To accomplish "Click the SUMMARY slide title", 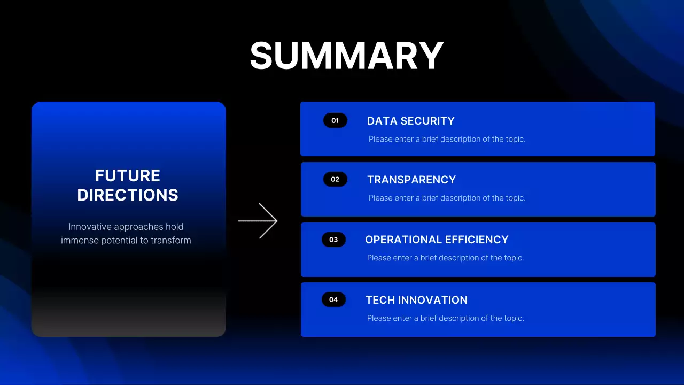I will (346, 56).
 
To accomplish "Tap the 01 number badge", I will (335, 120).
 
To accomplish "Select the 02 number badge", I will (335, 179).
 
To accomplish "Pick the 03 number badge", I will (333, 240).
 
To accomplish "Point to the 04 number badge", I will (333, 299).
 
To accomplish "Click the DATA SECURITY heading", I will (410, 121).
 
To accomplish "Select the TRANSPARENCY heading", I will (411, 180).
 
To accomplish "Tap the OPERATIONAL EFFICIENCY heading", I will (437, 240).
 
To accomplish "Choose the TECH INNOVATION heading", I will (416, 300).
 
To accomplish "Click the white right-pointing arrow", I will (258, 220).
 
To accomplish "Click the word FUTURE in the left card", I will (128, 175).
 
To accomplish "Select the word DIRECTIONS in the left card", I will (128, 195).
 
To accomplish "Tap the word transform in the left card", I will (170, 241).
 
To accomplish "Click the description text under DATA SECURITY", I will (447, 139).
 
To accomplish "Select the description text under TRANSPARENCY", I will (447, 198).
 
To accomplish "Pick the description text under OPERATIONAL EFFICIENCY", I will (445, 258).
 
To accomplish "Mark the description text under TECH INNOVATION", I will (445, 318).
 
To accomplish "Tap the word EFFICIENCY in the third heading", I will (478, 240).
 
